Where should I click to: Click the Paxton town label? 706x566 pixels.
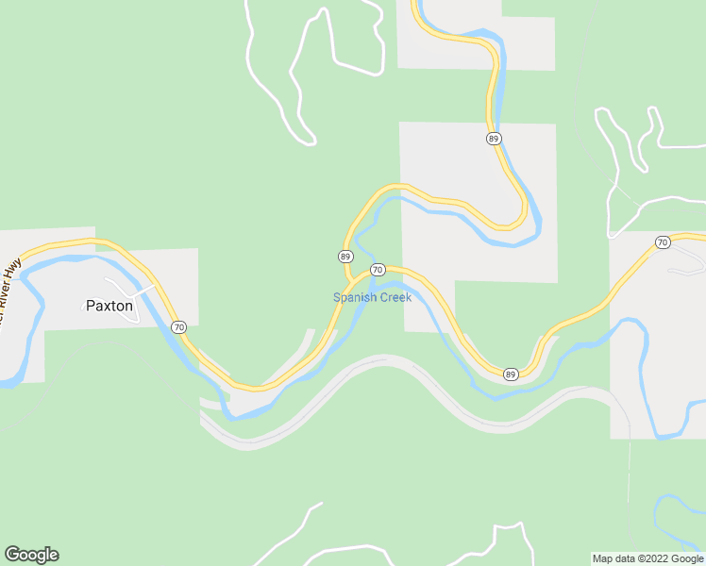coord(109,306)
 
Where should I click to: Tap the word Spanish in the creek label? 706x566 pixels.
coord(354,298)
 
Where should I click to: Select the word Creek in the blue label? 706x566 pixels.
coord(395,298)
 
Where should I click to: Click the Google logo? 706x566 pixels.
coord(31,555)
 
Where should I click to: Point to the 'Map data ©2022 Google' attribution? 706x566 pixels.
coord(647,558)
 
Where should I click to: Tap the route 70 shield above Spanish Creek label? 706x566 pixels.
coord(378,270)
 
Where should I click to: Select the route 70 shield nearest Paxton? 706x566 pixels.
coord(179,327)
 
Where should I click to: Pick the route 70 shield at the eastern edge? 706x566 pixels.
coord(663,242)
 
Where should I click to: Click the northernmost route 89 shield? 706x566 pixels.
coord(494,139)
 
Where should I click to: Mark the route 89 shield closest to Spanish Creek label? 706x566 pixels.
coord(345,257)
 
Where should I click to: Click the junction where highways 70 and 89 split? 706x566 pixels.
coord(356,279)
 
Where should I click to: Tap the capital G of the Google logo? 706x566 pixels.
coord(11,555)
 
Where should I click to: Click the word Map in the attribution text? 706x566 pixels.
coord(603,558)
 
